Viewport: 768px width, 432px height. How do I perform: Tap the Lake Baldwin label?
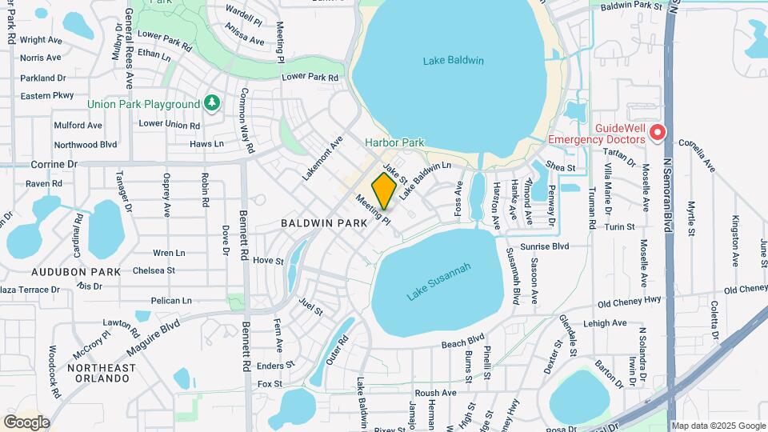coord(454,61)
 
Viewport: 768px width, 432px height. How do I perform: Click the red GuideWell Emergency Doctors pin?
coord(658,133)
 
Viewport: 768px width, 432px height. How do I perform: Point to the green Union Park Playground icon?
coord(211,103)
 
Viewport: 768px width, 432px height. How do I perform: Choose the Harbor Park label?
coord(394,142)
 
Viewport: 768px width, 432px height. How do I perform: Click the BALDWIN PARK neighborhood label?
coord(323,225)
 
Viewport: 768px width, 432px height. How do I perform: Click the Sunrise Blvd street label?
coord(544,247)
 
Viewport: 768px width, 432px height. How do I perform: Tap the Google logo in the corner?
coord(26,422)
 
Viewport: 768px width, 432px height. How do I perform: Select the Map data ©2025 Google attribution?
coord(718,426)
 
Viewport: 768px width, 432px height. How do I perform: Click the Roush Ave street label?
coord(435,394)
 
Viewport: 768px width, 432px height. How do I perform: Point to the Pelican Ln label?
coord(171,301)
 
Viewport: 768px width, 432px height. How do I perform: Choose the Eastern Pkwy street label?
coord(47,96)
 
